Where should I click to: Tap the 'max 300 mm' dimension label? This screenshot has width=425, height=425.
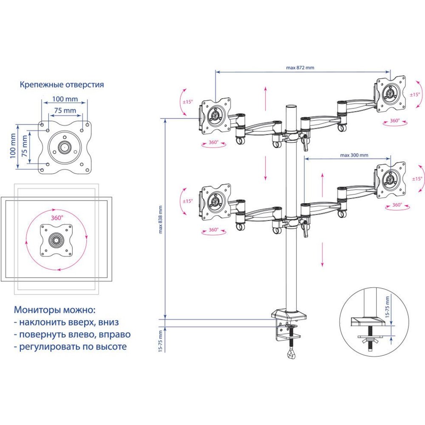click(354, 155)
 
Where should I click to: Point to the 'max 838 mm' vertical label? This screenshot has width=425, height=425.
click(161, 220)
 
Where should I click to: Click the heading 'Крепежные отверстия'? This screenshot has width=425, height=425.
click(62, 85)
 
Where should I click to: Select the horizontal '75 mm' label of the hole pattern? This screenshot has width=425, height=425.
click(65, 110)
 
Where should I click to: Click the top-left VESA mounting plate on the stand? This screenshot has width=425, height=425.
click(216, 115)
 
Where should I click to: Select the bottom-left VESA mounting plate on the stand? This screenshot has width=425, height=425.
click(216, 201)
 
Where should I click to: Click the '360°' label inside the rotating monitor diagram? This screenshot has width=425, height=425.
click(57, 218)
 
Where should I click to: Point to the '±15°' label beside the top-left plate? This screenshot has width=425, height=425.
click(187, 102)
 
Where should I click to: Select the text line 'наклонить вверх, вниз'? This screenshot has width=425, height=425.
click(66, 322)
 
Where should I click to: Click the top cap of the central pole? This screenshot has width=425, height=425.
click(291, 106)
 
